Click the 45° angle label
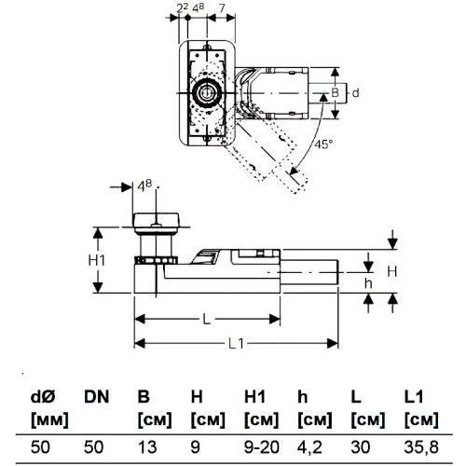[323, 144]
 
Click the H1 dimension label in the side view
[97, 260]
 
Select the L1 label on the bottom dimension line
[236, 344]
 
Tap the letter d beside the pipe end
[355, 92]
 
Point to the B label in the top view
[335, 92]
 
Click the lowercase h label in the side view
[368, 283]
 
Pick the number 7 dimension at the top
[222, 8]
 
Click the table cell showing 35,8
[421, 447]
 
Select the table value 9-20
[262, 447]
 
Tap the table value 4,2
[309, 447]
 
